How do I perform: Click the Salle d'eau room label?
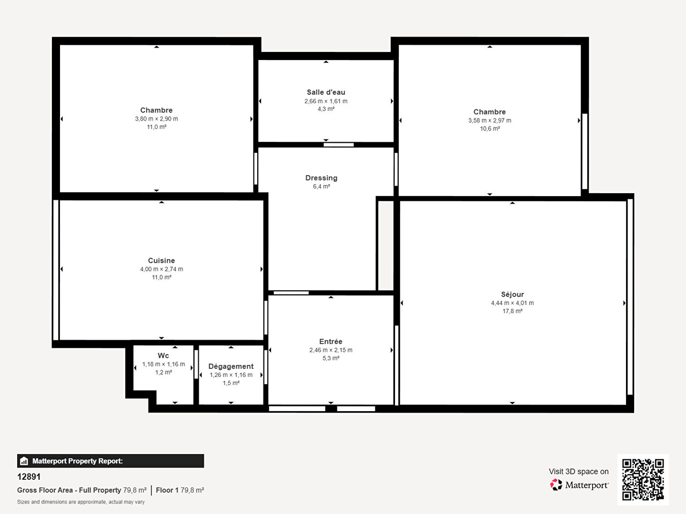[326, 92]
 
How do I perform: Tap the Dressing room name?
[321, 178]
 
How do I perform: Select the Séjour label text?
[512, 294]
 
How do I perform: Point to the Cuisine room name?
[161, 261]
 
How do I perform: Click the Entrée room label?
[331, 341]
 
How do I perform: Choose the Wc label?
[163, 356]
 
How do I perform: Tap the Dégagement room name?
[231, 366]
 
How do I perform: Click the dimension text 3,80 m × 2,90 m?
[156, 119]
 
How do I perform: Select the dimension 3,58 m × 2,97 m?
[489, 120]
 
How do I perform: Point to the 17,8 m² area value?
[512, 311]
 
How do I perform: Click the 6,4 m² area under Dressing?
[321, 187]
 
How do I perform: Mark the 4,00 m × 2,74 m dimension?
[161, 269]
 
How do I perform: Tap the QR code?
[643, 480]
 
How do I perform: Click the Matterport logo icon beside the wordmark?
[556, 484]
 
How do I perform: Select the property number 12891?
[29, 477]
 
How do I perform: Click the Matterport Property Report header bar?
[111, 461]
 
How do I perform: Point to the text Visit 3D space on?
[578, 472]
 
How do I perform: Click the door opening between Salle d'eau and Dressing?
[338, 145]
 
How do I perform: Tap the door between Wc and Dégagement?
[196, 365]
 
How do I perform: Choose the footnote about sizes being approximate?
[81, 502]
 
